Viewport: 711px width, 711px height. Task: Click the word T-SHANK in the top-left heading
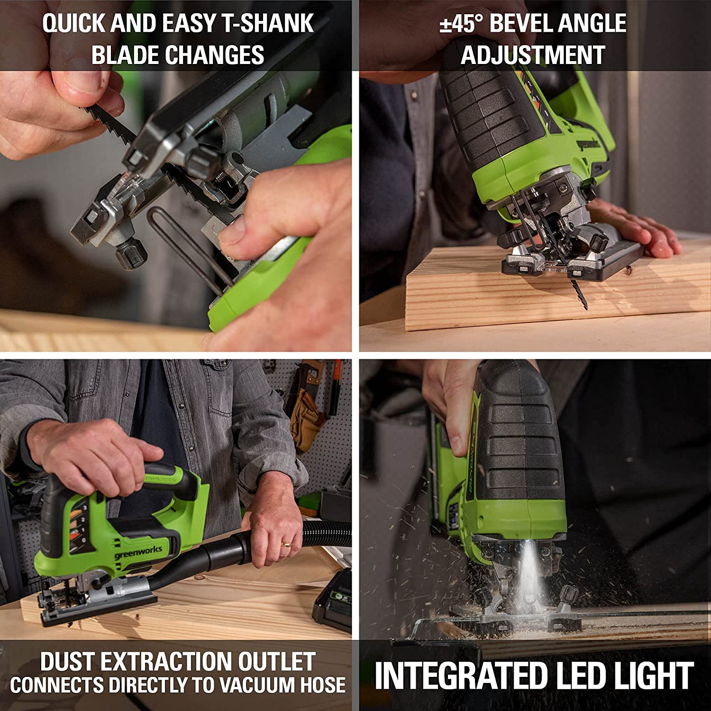(x=268, y=23)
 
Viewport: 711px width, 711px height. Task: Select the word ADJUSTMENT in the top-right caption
(x=533, y=55)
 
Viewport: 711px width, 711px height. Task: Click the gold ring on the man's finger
(x=286, y=545)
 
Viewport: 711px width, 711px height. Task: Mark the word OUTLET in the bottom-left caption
(x=276, y=661)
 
